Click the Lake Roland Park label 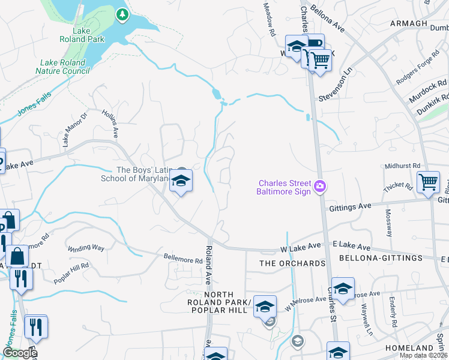coord(82,35)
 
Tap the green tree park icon coord(122,13)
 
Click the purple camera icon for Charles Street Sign coord(321,187)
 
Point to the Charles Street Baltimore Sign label coord(285,187)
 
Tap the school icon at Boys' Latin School coord(181,181)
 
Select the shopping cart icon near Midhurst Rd coord(428,181)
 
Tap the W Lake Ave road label coord(300,247)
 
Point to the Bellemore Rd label coord(183,260)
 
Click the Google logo coord(19,353)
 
